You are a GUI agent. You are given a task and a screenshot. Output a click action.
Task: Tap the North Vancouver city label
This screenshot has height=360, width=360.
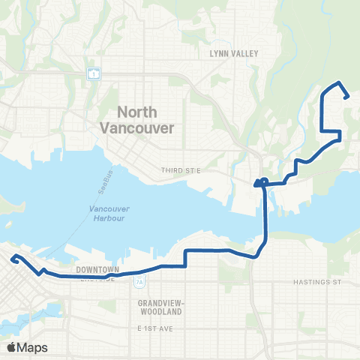tap(136, 120)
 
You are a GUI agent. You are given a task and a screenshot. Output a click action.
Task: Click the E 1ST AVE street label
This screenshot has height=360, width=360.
tap(155, 328)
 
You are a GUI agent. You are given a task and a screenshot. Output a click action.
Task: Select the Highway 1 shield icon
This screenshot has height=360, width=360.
tap(93, 73)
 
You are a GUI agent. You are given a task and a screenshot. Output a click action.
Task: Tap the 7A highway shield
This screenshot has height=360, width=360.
tap(139, 283)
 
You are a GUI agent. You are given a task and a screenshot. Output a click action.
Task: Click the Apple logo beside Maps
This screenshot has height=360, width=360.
tap(12, 347)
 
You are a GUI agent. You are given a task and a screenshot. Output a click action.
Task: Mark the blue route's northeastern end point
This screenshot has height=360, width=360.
tap(346, 96)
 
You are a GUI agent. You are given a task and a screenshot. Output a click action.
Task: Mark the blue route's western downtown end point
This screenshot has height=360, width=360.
tap(13, 259)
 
